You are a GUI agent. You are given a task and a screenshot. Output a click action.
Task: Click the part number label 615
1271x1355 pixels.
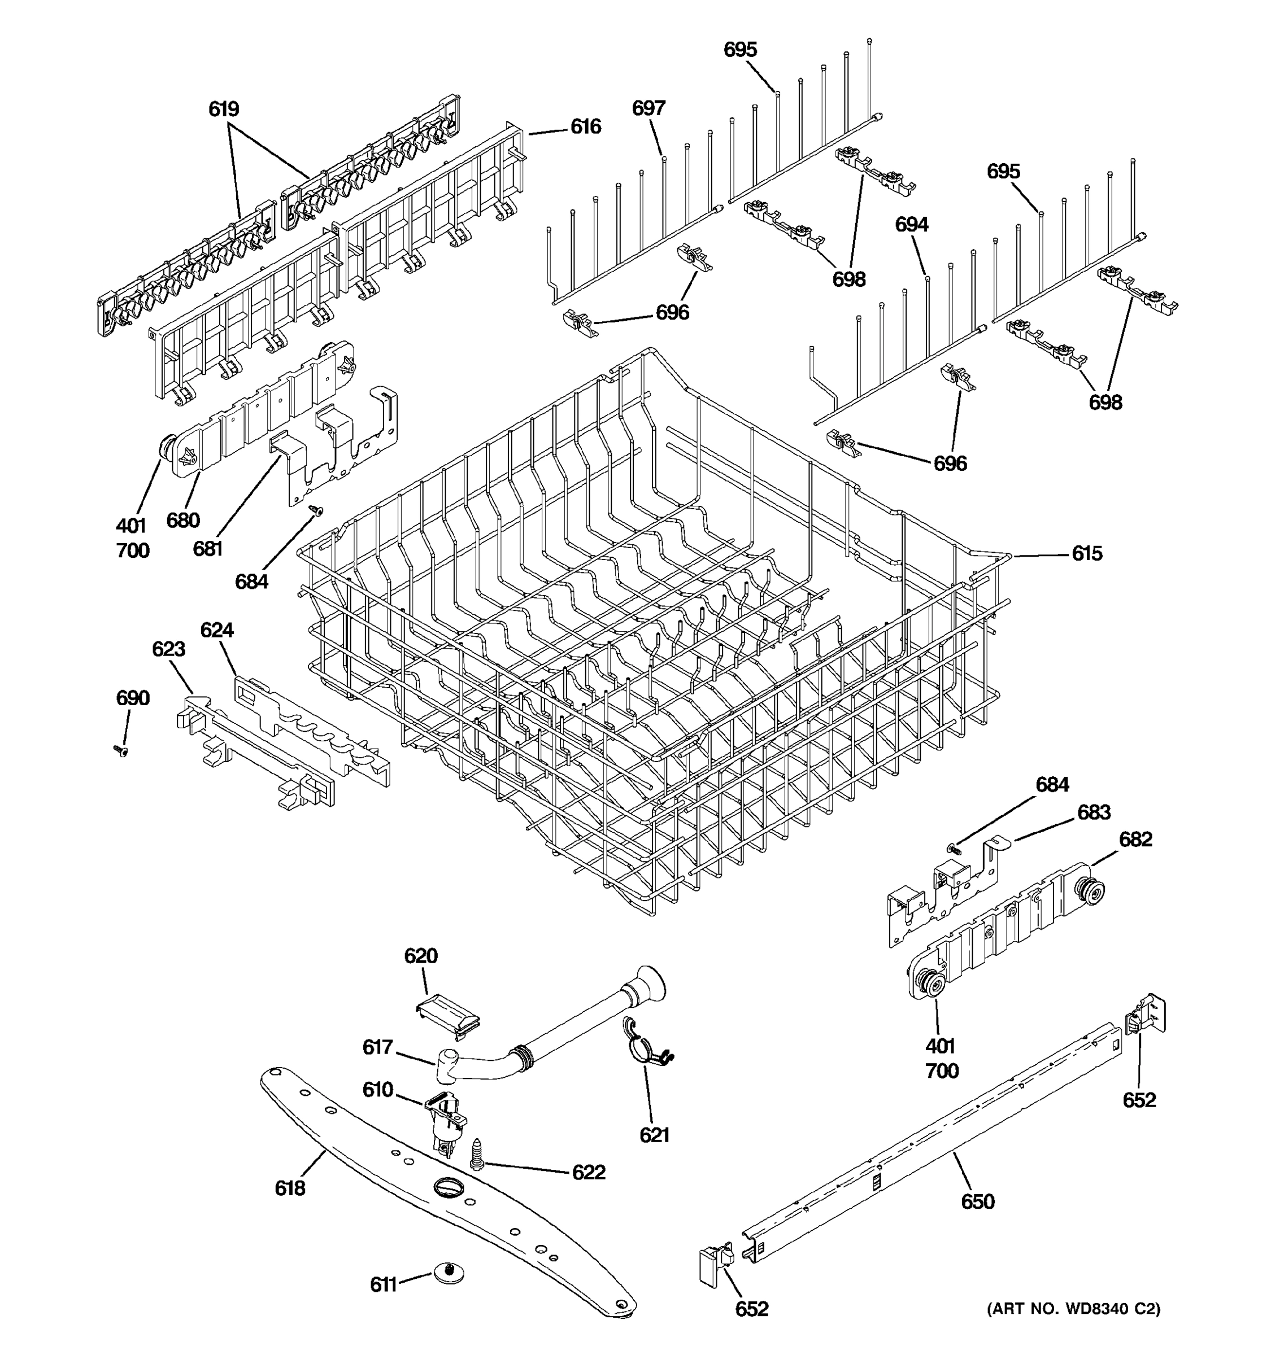pos(1086,553)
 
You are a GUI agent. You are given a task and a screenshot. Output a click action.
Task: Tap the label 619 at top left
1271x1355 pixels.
pos(224,109)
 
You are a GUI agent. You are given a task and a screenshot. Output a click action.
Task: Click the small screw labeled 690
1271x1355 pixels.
pos(121,750)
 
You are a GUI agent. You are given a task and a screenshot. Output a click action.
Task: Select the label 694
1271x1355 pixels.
pos(912,224)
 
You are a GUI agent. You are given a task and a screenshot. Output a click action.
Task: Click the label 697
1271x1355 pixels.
pos(648,108)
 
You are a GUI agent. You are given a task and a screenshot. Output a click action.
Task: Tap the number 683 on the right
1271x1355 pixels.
pos(1094,812)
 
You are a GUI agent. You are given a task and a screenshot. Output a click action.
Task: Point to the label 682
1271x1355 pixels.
pos(1135,839)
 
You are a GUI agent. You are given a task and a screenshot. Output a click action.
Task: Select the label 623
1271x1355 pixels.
pos(168,649)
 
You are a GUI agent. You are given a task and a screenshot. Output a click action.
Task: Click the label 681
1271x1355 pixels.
pos(207,548)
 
